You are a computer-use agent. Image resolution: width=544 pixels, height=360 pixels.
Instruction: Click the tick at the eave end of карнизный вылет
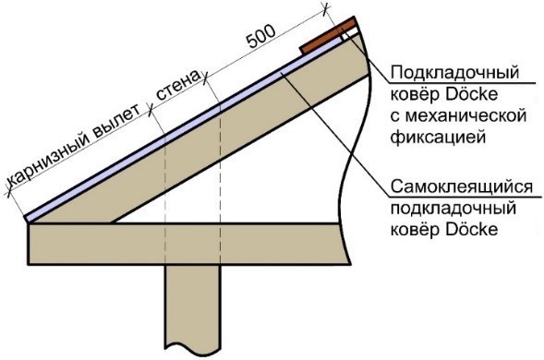coord(9,195)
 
